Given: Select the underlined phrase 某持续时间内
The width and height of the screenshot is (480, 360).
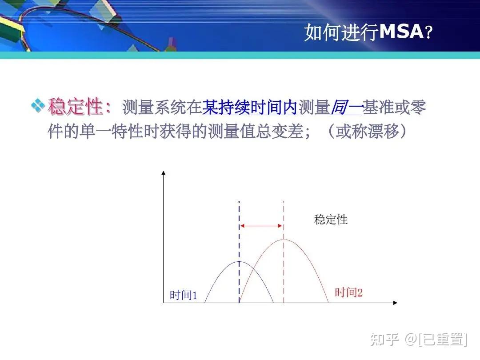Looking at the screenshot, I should coord(250,107).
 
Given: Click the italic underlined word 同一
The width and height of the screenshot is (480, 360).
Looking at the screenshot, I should coord(346,107).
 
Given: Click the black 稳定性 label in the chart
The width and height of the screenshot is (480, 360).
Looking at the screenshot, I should coord(331,220).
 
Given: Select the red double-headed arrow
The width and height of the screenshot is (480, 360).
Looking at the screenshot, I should coord(261,226).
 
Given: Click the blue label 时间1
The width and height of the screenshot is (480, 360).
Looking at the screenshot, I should coord(183,295).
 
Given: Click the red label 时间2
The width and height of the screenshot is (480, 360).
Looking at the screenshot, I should coord(348,292).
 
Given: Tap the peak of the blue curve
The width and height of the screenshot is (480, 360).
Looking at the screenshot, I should coord(239,262).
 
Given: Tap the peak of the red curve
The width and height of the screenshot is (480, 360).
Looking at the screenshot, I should coord(284,240).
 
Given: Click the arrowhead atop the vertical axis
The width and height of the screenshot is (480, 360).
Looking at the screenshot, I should coord(164,173).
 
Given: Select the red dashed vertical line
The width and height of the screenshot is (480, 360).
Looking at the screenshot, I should coord(284,267).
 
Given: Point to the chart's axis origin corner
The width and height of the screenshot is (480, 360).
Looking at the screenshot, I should coord(164,303).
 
